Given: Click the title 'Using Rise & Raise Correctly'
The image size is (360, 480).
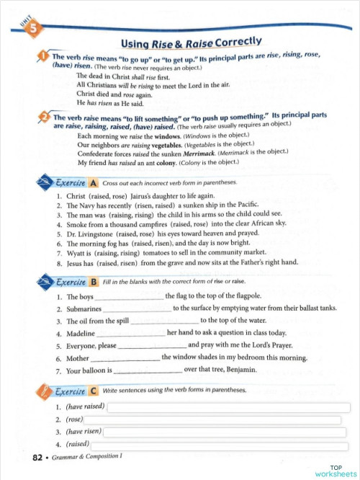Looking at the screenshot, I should pos(190,43).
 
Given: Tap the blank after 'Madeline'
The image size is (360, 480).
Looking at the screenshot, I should pos(130,334).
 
